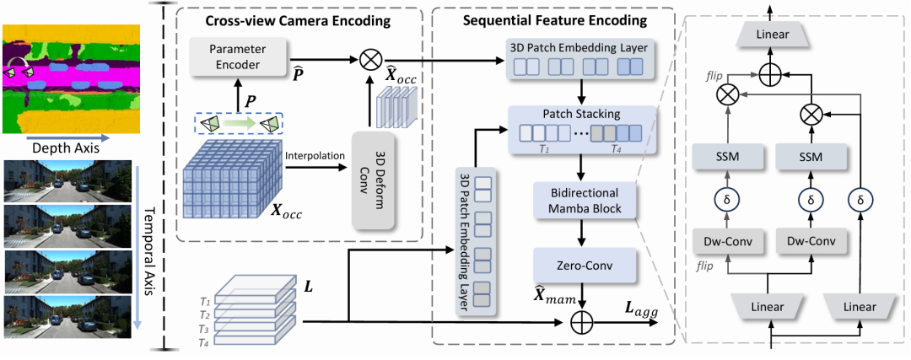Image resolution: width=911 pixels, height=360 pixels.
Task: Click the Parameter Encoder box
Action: coord(236,57)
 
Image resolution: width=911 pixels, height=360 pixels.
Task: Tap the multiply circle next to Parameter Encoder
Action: coord(369,59)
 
